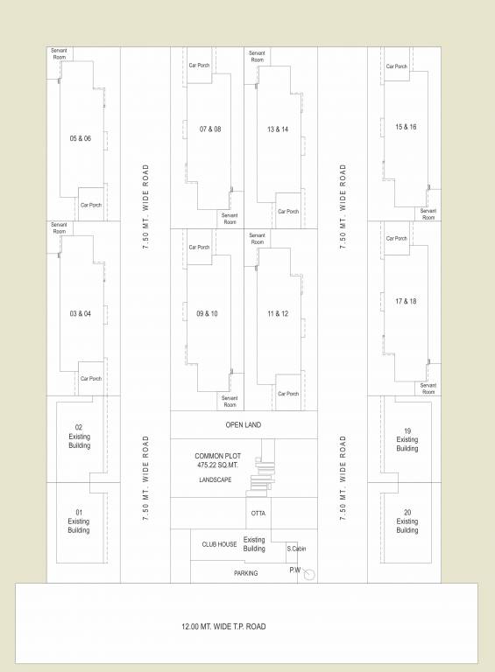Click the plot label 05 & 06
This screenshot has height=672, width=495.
(81, 138)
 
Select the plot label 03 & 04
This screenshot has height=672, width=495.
(81, 313)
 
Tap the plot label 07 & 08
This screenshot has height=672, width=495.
(210, 129)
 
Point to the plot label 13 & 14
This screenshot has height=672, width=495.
(278, 129)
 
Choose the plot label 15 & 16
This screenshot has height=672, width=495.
(406, 127)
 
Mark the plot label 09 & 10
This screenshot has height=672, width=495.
(208, 313)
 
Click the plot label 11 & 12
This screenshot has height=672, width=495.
(278, 313)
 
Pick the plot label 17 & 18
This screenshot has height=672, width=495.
(406, 302)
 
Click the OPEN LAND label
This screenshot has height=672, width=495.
(244, 425)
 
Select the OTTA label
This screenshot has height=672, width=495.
(258, 513)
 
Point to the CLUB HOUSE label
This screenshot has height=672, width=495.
(219, 544)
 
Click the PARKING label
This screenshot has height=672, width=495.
(245, 573)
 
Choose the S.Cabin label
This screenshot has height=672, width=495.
(296, 549)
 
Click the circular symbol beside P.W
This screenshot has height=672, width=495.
(309, 575)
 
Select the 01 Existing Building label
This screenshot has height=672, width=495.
(79, 521)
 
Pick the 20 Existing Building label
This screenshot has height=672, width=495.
(407, 521)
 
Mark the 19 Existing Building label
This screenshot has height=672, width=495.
(407, 439)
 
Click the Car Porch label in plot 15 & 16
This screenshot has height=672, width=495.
(396, 66)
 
